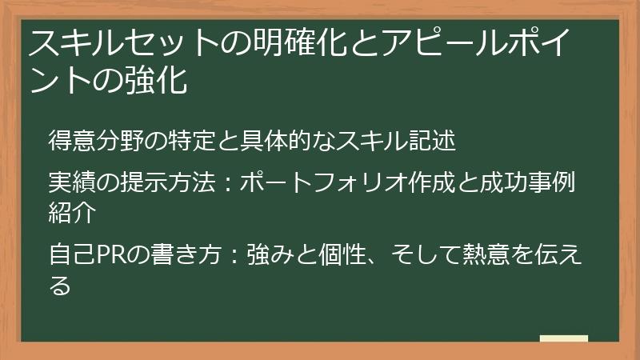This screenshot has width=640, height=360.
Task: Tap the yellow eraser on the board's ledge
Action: coord(563,338)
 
